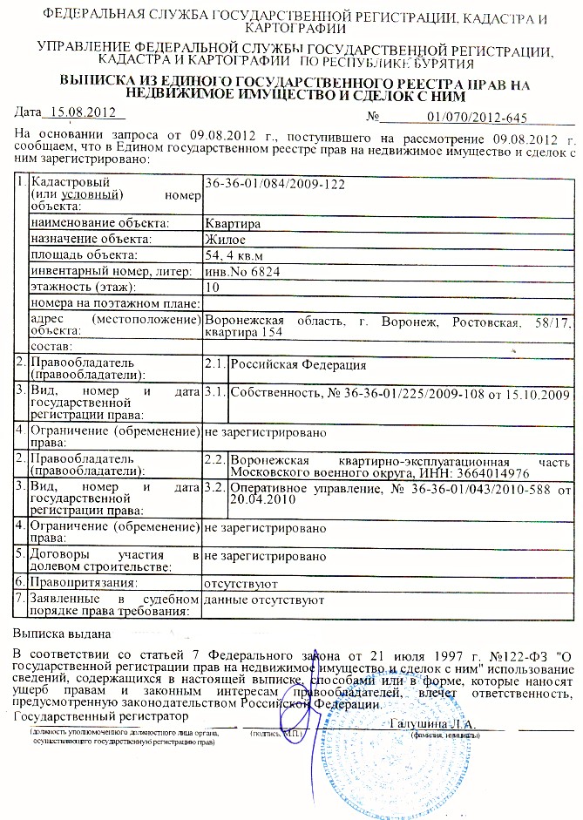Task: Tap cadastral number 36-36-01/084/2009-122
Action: click(273, 184)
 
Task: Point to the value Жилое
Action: click(224, 239)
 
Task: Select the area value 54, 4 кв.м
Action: click(233, 255)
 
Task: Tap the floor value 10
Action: click(211, 287)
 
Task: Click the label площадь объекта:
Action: click(84, 255)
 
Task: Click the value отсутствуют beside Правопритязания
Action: click(240, 582)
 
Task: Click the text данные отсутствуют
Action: click(263, 600)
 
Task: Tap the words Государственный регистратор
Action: click(102, 715)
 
